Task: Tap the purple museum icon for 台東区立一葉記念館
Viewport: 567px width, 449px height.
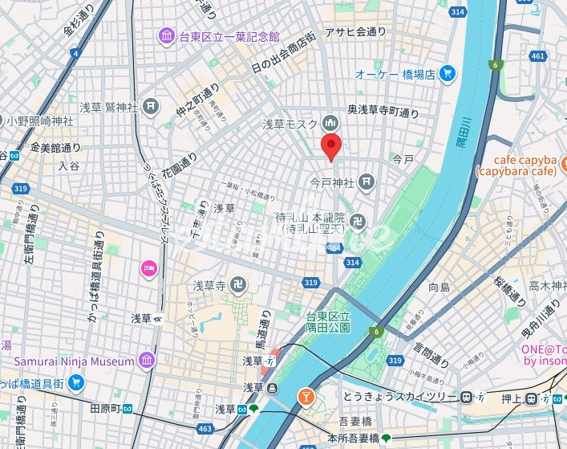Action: click(166, 36)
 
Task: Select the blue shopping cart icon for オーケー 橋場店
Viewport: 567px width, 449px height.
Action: click(448, 74)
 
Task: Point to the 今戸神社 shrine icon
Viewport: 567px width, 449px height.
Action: click(367, 182)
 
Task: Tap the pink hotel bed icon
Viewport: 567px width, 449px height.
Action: click(148, 267)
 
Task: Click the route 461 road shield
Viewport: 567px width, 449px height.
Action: click(538, 56)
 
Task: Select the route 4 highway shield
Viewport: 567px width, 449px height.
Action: click(75, 53)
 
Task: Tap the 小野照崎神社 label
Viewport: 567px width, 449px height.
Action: click(40, 120)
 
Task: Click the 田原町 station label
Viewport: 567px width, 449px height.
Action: click(104, 409)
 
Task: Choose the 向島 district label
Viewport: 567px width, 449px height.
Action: click(439, 287)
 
